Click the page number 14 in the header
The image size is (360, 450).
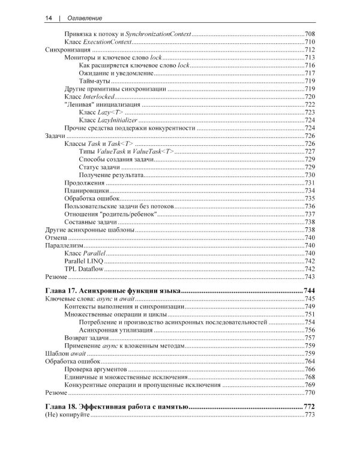49,19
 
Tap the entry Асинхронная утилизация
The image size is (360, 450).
114,330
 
